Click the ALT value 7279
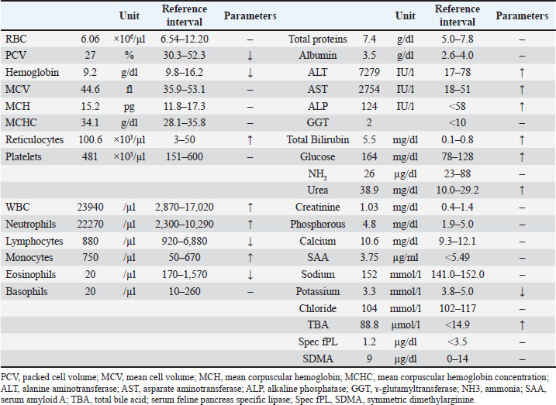369,72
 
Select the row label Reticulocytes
34,140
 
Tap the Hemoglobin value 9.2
90,72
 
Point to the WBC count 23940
90,207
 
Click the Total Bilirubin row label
318,140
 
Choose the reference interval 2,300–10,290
185,224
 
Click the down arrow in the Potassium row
522,292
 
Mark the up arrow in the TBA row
522,325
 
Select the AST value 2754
369,89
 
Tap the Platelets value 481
90,157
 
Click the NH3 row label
318,174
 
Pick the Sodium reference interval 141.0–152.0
458,275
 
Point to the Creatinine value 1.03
369,207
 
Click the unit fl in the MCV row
129,89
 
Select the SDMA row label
318,359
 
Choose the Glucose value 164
369,157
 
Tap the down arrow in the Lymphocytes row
250,242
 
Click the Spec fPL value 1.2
369,342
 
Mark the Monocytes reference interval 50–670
185,258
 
